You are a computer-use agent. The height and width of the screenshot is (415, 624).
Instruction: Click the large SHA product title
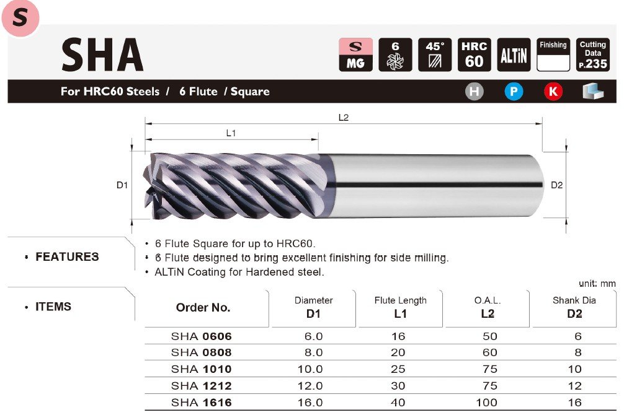coord(102,55)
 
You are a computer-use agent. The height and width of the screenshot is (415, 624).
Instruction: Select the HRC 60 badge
coord(474,55)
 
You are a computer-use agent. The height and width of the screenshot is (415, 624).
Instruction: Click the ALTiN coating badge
coord(514,55)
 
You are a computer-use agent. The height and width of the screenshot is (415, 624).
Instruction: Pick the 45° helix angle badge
coord(435,55)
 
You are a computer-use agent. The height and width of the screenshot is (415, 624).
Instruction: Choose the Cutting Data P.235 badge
coord(592,55)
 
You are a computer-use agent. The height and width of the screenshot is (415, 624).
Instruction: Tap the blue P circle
coord(514,92)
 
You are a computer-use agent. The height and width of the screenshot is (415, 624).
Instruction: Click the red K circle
coord(553,92)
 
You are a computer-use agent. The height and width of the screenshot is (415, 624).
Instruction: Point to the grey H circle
coord(475,92)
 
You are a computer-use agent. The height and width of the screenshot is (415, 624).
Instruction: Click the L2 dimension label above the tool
coord(344,118)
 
